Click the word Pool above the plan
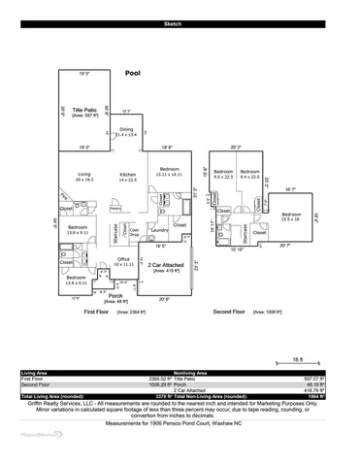(x=133, y=73)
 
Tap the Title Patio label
(x=84, y=111)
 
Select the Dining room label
(x=126, y=130)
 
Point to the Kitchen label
(x=127, y=175)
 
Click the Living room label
(x=83, y=175)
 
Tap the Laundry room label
(x=160, y=230)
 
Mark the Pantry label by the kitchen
(x=115, y=208)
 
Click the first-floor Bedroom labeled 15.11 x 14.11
(x=171, y=169)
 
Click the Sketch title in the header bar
(x=180, y=20)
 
